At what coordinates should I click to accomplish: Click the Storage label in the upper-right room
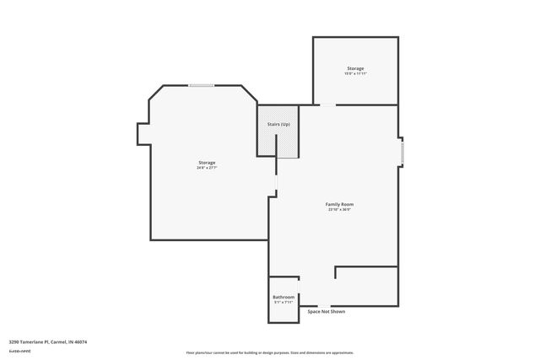pyautogui.click(x=355, y=68)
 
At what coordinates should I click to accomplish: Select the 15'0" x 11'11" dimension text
pyautogui.click(x=355, y=74)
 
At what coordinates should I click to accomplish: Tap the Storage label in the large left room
pyautogui.click(x=207, y=162)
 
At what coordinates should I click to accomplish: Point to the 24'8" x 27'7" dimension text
pyautogui.click(x=207, y=168)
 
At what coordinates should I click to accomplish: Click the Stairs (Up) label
pyautogui.click(x=278, y=125)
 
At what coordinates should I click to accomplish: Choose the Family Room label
pyautogui.click(x=339, y=204)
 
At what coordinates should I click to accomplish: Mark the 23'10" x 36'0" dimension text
pyautogui.click(x=339, y=210)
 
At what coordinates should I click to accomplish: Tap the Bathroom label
pyautogui.click(x=283, y=297)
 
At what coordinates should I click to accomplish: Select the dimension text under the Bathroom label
pyautogui.click(x=283, y=302)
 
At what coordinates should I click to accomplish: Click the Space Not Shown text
pyautogui.click(x=326, y=312)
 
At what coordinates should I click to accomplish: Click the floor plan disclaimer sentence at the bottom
pyautogui.click(x=269, y=352)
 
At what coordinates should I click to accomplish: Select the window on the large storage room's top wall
pyautogui.click(x=201, y=85)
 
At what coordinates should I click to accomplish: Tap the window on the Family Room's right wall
pyautogui.click(x=402, y=152)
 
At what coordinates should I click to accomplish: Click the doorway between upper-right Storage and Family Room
pyautogui.click(x=327, y=105)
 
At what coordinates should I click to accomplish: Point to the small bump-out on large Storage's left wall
pyautogui.click(x=143, y=133)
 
